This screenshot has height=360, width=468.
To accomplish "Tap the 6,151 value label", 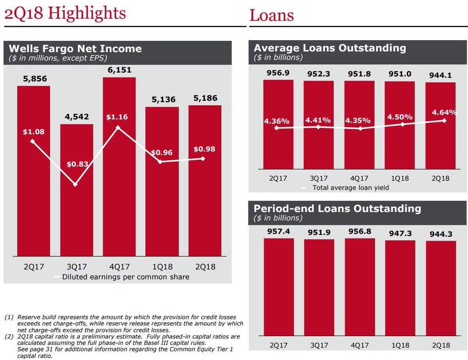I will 119,70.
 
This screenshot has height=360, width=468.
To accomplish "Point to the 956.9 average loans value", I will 278,74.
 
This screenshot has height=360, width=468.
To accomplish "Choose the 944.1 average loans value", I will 440,76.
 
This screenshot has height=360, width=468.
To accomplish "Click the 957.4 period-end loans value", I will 278,232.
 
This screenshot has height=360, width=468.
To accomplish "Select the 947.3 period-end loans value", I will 400,234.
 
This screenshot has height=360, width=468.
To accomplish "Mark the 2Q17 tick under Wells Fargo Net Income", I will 34,267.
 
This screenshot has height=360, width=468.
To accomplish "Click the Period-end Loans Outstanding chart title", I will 337,208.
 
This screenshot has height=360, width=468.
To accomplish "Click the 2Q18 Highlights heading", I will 65,14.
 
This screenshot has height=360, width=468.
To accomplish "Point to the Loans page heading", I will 271,16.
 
